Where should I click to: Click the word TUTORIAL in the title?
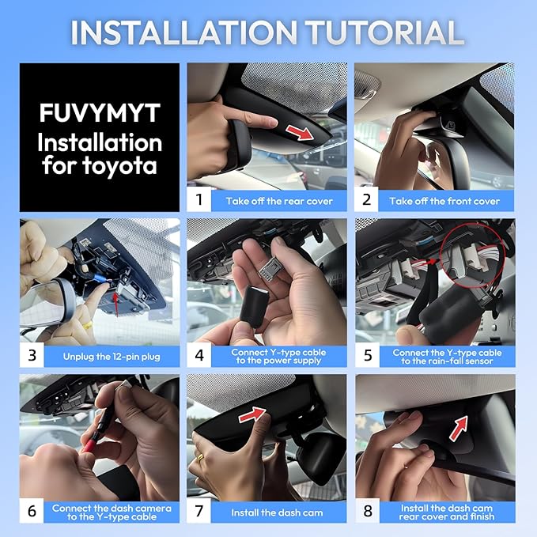coord(384,32)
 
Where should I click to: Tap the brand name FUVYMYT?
coord(100,112)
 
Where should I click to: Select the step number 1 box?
coord(199,199)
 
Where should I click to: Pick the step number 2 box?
coord(366,199)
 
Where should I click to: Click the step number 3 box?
coord(32,355)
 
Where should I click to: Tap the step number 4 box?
coord(199,355)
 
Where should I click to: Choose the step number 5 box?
coord(368,355)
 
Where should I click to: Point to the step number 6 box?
coord(32,511)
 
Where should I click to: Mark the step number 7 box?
coord(199,511)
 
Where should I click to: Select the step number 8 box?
coord(368,511)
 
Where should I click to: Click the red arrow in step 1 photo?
coord(301,132)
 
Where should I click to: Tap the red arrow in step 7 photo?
coord(252,414)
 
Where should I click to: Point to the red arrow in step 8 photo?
coord(458,428)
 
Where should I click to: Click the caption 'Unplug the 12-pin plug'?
coord(112,357)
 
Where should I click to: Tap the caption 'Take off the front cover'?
coord(444,201)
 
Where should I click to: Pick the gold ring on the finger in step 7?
coord(200,458)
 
